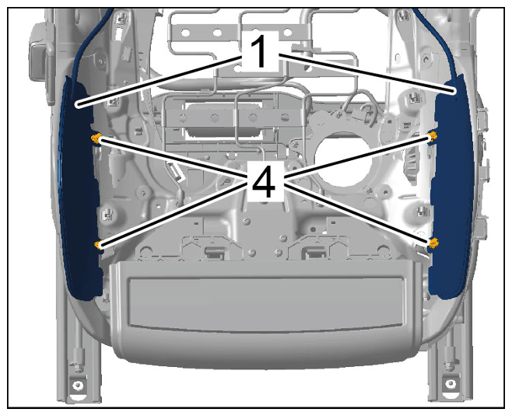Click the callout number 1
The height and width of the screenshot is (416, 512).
click(260, 51)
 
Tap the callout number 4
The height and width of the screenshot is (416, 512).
click(264, 180)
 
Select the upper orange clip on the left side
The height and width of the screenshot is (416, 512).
click(96, 138)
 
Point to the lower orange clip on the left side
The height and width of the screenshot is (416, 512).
click(98, 245)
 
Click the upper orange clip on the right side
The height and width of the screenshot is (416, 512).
click(433, 136)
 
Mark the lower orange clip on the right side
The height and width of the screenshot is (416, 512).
click(433, 243)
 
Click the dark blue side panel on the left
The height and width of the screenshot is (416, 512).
click(80, 189)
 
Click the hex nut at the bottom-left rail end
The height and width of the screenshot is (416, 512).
click(78, 385)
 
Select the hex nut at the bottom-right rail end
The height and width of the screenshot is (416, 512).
click(451, 383)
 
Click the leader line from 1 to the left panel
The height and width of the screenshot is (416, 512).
click(159, 81)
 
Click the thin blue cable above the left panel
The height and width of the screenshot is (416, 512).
click(89, 39)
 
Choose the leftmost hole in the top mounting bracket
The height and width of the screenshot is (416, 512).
click(185, 33)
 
